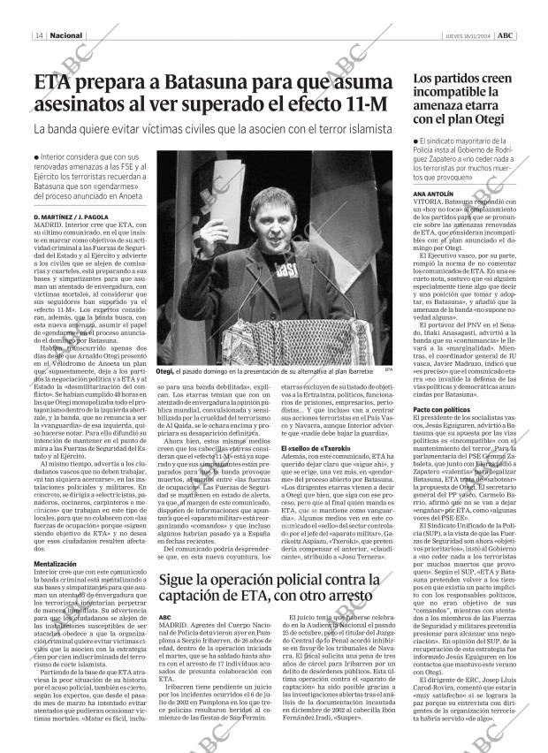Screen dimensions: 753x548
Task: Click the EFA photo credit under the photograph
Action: [x=389, y=370]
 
